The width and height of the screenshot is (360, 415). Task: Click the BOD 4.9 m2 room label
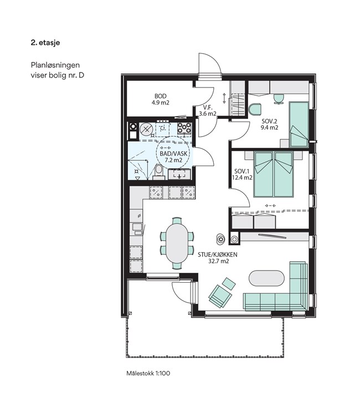coord(160,99)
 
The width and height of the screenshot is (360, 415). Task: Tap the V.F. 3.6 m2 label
coord(208,111)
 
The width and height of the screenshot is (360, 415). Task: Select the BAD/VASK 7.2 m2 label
coord(173,157)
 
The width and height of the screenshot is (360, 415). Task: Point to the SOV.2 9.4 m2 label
coord(270,124)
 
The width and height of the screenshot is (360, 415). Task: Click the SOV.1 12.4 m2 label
coord(242,174)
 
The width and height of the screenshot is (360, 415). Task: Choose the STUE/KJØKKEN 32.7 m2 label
coord(218,258)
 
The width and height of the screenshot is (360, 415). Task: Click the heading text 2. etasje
coord(45,43)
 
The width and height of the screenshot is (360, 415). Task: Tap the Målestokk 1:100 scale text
coord(148,373)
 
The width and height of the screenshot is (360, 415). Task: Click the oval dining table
coord(177,242)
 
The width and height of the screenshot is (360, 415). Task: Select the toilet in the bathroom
coord(158,171)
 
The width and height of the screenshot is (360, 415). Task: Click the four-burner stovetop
coord(184,128)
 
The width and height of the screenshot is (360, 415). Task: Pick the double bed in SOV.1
coord(274,174)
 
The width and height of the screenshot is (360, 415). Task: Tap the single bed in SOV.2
coord(299,124)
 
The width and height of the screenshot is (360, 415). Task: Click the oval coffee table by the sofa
coord(266,278)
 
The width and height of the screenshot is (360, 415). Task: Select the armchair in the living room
coord(220,296)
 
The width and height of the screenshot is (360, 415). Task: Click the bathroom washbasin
coord(179,174)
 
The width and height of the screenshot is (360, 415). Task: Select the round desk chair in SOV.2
coord(255,110)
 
